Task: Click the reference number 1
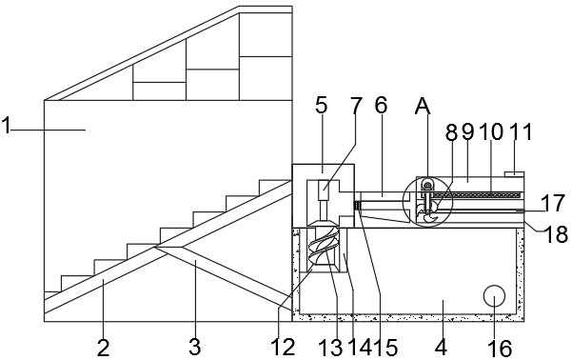(6, 126)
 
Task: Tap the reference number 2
(103, 348)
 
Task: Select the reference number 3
(195, 347)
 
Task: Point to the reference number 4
(441, 348)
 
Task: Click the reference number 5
(322, 106)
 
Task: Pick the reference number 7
(356, 106)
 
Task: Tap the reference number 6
(381, 106)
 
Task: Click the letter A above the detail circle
(423, 107)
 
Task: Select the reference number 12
(283, 348)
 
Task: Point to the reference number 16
(500, 348)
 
